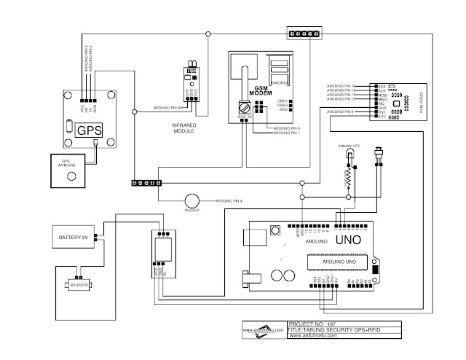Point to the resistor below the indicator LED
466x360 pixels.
(x=349, y=176)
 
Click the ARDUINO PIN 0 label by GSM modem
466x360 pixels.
(x=285, y=128)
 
